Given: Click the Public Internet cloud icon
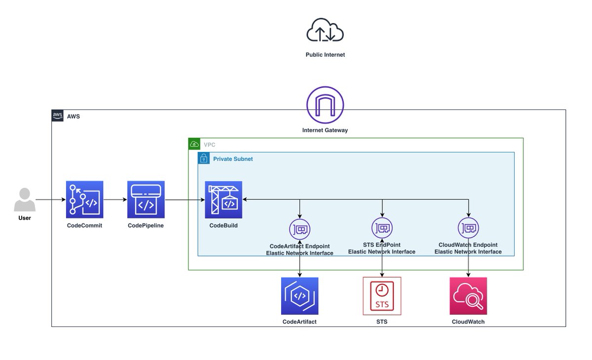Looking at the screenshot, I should coord(325,31).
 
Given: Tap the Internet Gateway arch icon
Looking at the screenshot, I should coord(325,105).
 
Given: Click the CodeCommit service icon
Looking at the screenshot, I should coord(85,199).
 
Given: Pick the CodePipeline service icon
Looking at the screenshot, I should coord(146,199).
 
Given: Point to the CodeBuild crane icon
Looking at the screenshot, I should coord(223,199).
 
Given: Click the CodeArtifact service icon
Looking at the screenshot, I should coord(300,296).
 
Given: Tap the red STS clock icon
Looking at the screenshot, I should coord(382,296).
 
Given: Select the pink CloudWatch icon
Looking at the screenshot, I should coord(468,296).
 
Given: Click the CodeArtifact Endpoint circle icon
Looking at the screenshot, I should coord(300,229).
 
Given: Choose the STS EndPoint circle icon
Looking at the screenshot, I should coord(382,227).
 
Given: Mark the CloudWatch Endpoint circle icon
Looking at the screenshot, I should coord(468,227).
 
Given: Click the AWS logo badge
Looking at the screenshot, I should coord(58,116).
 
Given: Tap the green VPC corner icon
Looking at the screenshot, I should coord(194,144).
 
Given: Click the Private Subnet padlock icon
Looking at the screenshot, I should coord(203,158).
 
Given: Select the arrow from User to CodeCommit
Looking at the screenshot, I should coord(50,200).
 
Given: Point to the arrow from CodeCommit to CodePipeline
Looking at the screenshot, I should coord(115,200).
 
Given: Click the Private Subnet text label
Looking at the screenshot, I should coord(233,159).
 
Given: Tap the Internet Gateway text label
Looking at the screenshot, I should coord(325,131).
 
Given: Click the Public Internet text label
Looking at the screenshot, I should coord(325,55).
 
